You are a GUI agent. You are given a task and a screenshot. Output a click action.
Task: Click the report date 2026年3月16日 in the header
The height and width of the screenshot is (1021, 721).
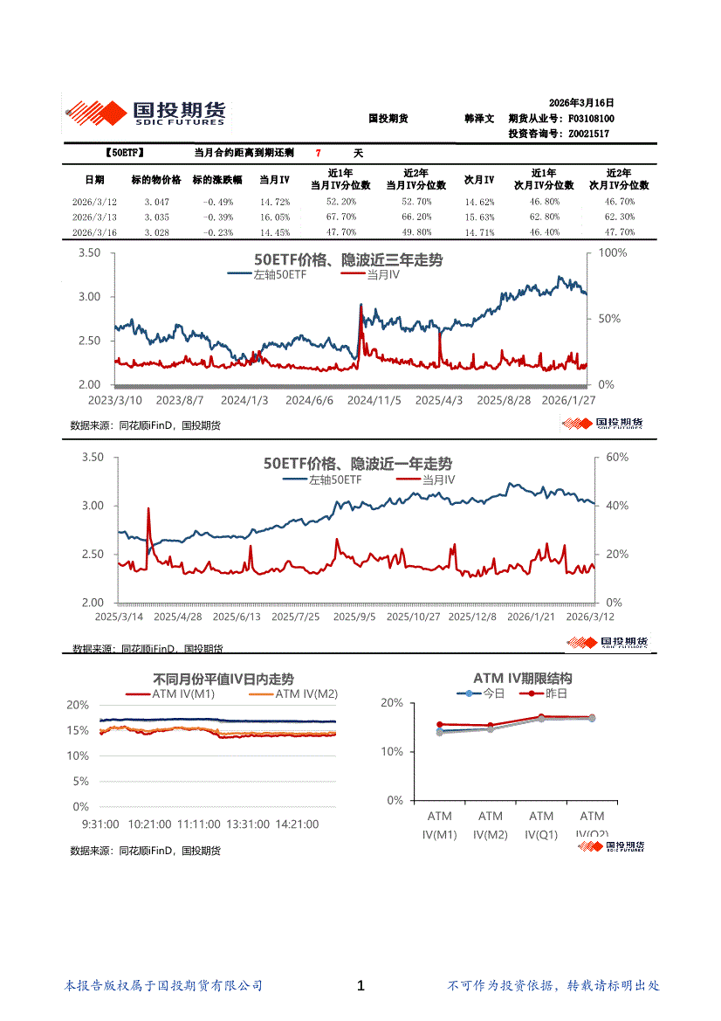coord(581,102)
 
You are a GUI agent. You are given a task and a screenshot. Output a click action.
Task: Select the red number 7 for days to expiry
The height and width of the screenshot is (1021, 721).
coord(319,153)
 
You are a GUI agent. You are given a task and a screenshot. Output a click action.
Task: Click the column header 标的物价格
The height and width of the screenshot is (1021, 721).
coord(156,180)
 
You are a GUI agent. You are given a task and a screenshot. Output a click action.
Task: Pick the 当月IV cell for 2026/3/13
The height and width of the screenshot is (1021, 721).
coord(275,217)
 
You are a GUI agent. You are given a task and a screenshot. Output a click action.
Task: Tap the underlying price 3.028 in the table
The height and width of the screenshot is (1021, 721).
coord(157,232)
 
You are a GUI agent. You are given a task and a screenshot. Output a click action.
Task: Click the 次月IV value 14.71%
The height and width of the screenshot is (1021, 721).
coord(478,232)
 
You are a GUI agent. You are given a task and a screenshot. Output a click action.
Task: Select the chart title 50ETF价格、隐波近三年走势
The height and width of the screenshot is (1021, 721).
coord(347,260)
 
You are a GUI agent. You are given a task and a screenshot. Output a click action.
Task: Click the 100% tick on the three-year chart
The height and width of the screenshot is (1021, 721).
coord(610,252)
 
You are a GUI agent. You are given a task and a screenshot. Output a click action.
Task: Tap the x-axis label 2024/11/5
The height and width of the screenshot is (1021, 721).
coord(374,399)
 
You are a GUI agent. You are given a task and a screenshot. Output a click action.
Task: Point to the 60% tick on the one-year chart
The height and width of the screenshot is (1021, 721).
coord(616,457)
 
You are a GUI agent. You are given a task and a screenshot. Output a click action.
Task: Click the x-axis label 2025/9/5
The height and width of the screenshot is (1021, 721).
coord(355,617)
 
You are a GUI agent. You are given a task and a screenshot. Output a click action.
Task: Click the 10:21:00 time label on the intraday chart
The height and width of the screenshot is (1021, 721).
coord(149,824)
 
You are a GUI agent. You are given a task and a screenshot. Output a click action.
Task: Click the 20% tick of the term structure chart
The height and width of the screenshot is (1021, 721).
coord(392,702)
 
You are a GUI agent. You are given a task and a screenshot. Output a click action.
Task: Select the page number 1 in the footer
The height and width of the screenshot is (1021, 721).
coord(360,986)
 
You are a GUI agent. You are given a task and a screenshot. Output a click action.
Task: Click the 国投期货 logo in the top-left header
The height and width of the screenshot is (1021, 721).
coord(146,113)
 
